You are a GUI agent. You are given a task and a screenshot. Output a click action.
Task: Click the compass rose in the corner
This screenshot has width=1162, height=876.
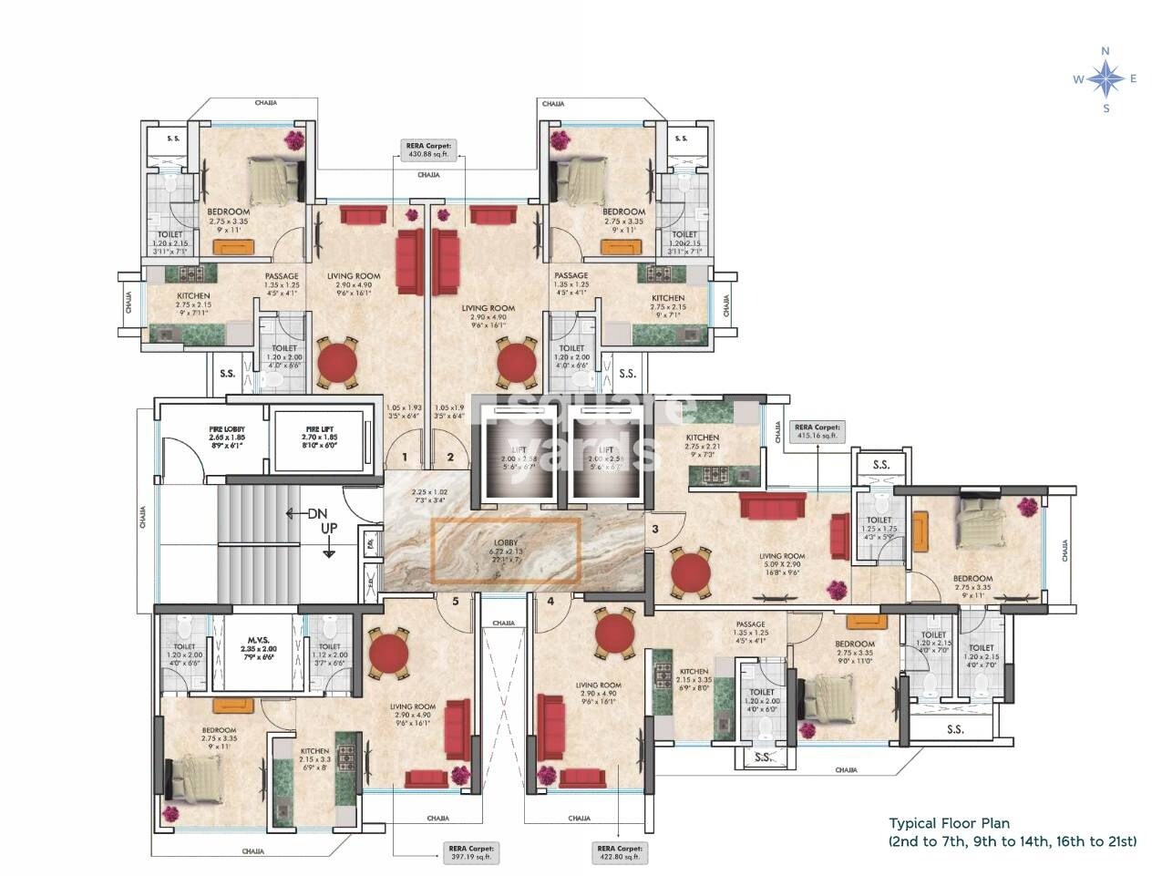tap(1105, 79)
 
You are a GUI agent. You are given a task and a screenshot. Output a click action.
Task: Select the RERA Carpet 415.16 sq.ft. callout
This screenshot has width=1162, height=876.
tap(818, 431)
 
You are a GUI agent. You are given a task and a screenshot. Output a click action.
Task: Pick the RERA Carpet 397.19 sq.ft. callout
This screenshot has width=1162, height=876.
tap(469, 852)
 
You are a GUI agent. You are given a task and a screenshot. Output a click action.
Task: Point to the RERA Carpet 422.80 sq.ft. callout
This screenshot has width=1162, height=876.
tap(619, 852)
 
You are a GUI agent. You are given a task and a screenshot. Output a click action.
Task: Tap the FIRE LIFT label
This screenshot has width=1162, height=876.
tap(319, 437)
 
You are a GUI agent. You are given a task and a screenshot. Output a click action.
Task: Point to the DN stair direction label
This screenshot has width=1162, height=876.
tap(316, 514)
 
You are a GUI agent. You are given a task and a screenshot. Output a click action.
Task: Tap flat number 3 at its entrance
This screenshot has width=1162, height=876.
tap(653, 528)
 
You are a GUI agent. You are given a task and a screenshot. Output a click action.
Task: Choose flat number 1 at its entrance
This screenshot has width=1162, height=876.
tap(403, 458)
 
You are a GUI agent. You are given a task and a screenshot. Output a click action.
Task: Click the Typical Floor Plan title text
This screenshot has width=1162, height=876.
tap(949, 823)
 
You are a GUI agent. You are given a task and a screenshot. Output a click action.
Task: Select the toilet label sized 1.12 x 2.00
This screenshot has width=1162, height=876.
tap(329, 650)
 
